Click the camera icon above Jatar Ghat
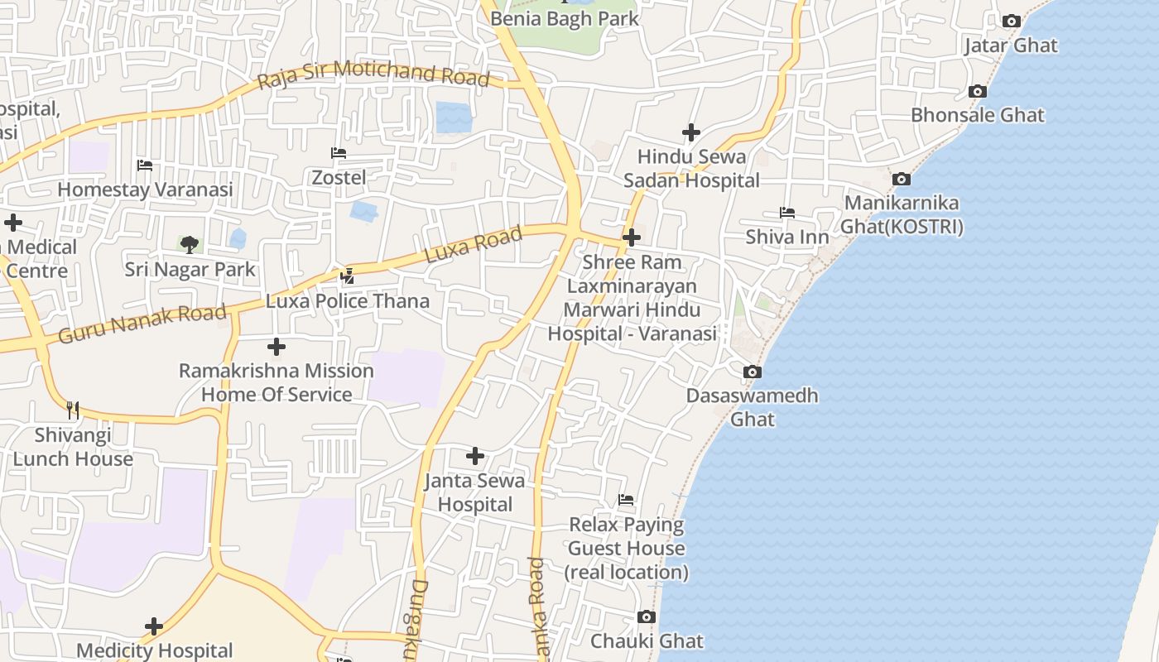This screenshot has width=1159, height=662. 1011,22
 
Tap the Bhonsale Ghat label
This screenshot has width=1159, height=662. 978,115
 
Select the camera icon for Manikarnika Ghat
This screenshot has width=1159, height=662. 902,179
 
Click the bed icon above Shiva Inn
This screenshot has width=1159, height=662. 787,213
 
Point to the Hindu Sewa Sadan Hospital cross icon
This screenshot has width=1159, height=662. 691,132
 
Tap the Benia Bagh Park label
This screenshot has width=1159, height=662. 565,18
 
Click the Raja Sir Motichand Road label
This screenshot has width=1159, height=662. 373,74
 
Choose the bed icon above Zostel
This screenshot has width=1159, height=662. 339,153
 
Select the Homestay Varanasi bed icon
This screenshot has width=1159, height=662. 145,165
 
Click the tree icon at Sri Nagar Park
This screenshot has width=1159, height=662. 190,244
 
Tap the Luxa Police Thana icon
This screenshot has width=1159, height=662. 348,276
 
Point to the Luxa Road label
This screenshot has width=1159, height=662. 474,245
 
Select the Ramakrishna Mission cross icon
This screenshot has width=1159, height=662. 277,347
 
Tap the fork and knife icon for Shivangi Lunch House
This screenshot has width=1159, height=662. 73,410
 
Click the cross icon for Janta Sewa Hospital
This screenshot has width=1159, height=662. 475,456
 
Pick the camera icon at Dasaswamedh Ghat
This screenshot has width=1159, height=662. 752,372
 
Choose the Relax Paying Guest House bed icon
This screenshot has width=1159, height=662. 627,500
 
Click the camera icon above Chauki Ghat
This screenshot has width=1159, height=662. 647,617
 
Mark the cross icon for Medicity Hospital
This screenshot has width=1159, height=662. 154,626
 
